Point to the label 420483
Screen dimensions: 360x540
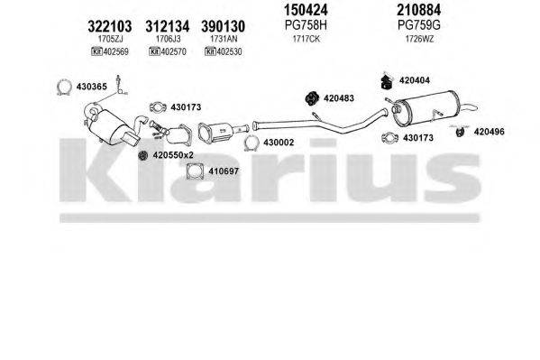tap(341, 98)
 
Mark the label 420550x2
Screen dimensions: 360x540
tap(175, 155)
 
